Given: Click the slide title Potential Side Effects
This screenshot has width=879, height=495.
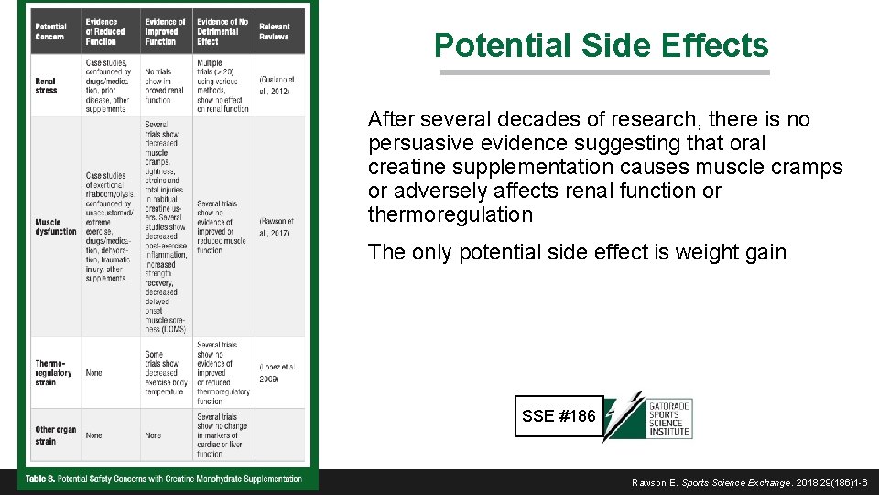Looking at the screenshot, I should (x=602, y=45).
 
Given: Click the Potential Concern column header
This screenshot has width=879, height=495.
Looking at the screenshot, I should (x=51, y=30).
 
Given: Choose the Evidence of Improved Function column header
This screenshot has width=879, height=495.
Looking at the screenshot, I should (x=166, y=30).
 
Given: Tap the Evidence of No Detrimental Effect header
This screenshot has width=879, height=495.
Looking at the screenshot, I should (x=222, y=30).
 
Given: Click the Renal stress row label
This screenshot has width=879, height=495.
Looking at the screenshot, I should (x=48, y=86).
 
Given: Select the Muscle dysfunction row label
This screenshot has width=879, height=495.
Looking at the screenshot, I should (x=55, y=226).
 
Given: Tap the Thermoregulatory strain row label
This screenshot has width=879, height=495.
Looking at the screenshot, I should (x=54, y=373).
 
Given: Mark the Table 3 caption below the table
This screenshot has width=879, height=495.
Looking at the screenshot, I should (x=164, y=479).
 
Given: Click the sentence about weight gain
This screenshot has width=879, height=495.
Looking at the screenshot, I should (x=577, y=252).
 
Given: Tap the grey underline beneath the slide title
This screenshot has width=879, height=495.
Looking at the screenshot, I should (x=604, y=72).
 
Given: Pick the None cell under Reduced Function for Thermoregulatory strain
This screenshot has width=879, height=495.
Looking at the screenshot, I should (x=94, y=373).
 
